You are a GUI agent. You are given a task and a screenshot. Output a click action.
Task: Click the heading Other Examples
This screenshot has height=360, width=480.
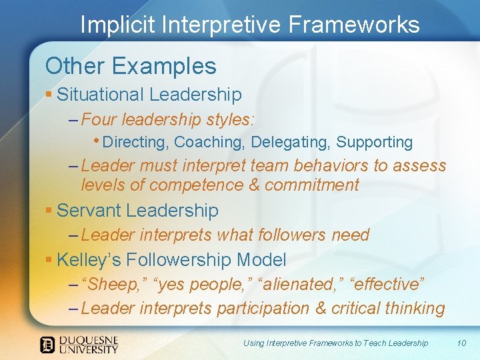(x=131, y=66)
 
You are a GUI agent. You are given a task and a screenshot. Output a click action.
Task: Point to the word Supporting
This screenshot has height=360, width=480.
(x=374, y=142)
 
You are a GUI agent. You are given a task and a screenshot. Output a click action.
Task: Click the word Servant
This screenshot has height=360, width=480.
(x=89, y=211)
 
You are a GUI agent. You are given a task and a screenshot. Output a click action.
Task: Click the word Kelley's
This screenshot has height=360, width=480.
(x=93, y=259)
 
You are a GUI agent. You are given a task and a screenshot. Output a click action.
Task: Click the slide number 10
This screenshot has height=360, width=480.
(x=461, y=343)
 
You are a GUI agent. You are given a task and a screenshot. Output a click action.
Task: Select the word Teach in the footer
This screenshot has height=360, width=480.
(x=368, y=343)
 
